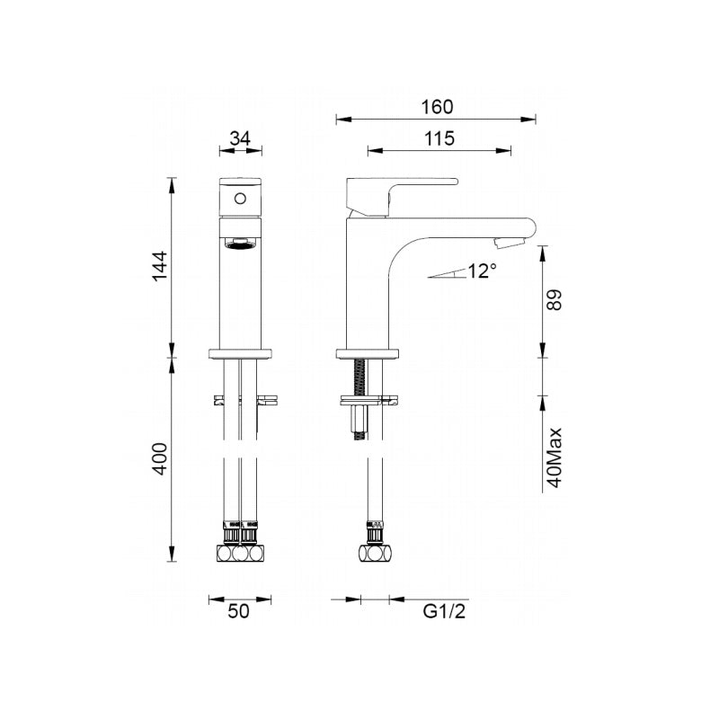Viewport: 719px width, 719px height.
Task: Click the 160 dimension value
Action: coord(436,106)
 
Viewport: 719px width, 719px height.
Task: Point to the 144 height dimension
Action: coord(159,267)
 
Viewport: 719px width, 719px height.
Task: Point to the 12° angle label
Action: coord(481,271)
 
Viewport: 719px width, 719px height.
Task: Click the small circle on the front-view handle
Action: coord(239,199)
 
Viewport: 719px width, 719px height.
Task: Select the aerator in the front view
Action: coord(239,244)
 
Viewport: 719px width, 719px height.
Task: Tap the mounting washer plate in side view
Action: coord(368,398)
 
